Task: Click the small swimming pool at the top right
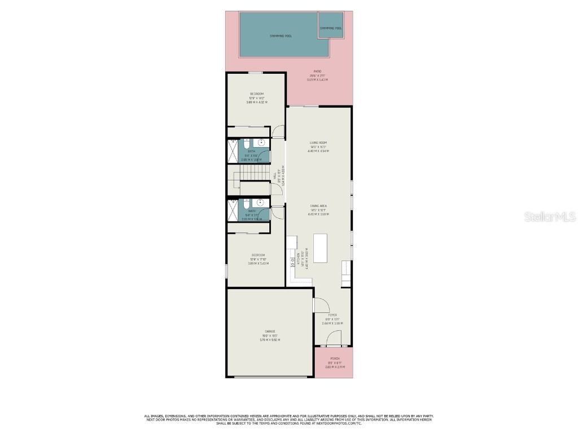(331, 29)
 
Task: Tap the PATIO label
(318, 72)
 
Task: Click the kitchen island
(320, 249)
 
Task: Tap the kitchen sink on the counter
(292, 262)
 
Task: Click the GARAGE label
(270, 332)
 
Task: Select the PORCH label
(335, 359)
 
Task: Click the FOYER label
(332, 315)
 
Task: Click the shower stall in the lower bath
(233, 209)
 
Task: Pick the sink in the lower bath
(260, 202)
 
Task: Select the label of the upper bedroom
(257, 94)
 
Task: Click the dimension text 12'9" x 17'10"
(259, 259)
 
